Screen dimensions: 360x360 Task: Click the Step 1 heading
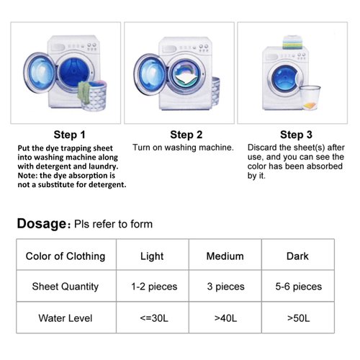(x=70, y=134)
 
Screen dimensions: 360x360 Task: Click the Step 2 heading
(x=186, y=134)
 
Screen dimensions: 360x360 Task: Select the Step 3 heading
(x=296, y=134)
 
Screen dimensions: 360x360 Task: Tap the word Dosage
(x=42, y=223)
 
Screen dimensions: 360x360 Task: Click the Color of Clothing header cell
(x=66, y=256)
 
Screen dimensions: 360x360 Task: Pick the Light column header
(x=153, y=256)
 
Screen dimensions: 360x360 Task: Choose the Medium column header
(x=225, y=256)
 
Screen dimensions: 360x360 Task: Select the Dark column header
(x=297, y=256)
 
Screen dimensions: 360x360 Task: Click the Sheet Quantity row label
(x=66, y=287)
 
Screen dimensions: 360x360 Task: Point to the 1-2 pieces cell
(x=153, y=287)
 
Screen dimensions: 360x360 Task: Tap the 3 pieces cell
(x=225, y=287)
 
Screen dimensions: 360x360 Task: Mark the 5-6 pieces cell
(x=297, y=287)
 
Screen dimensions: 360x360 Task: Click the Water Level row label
(x=66, y=318)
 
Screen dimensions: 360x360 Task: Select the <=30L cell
(x=153, y=318)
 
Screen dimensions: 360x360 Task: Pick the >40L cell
(x=225, y=318)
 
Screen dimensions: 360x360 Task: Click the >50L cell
(x=297, y=318)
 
